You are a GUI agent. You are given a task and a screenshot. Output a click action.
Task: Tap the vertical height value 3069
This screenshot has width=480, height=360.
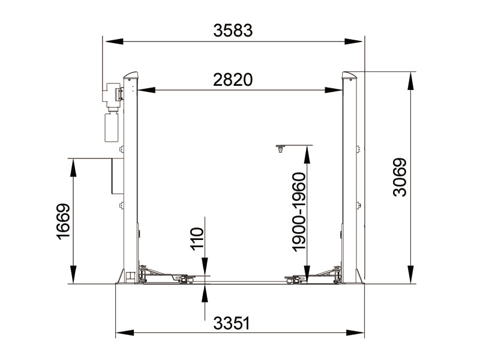tap(400, 177)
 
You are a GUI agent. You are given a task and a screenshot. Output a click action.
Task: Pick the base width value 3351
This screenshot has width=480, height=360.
tap(231, 323)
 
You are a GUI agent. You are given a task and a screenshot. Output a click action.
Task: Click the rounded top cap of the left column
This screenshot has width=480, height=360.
tap(131, 76)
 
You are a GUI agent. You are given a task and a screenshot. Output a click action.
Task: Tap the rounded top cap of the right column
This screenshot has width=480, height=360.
tap(349, 76)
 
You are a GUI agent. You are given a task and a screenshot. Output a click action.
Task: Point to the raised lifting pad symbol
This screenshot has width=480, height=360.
tap(280, 148)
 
